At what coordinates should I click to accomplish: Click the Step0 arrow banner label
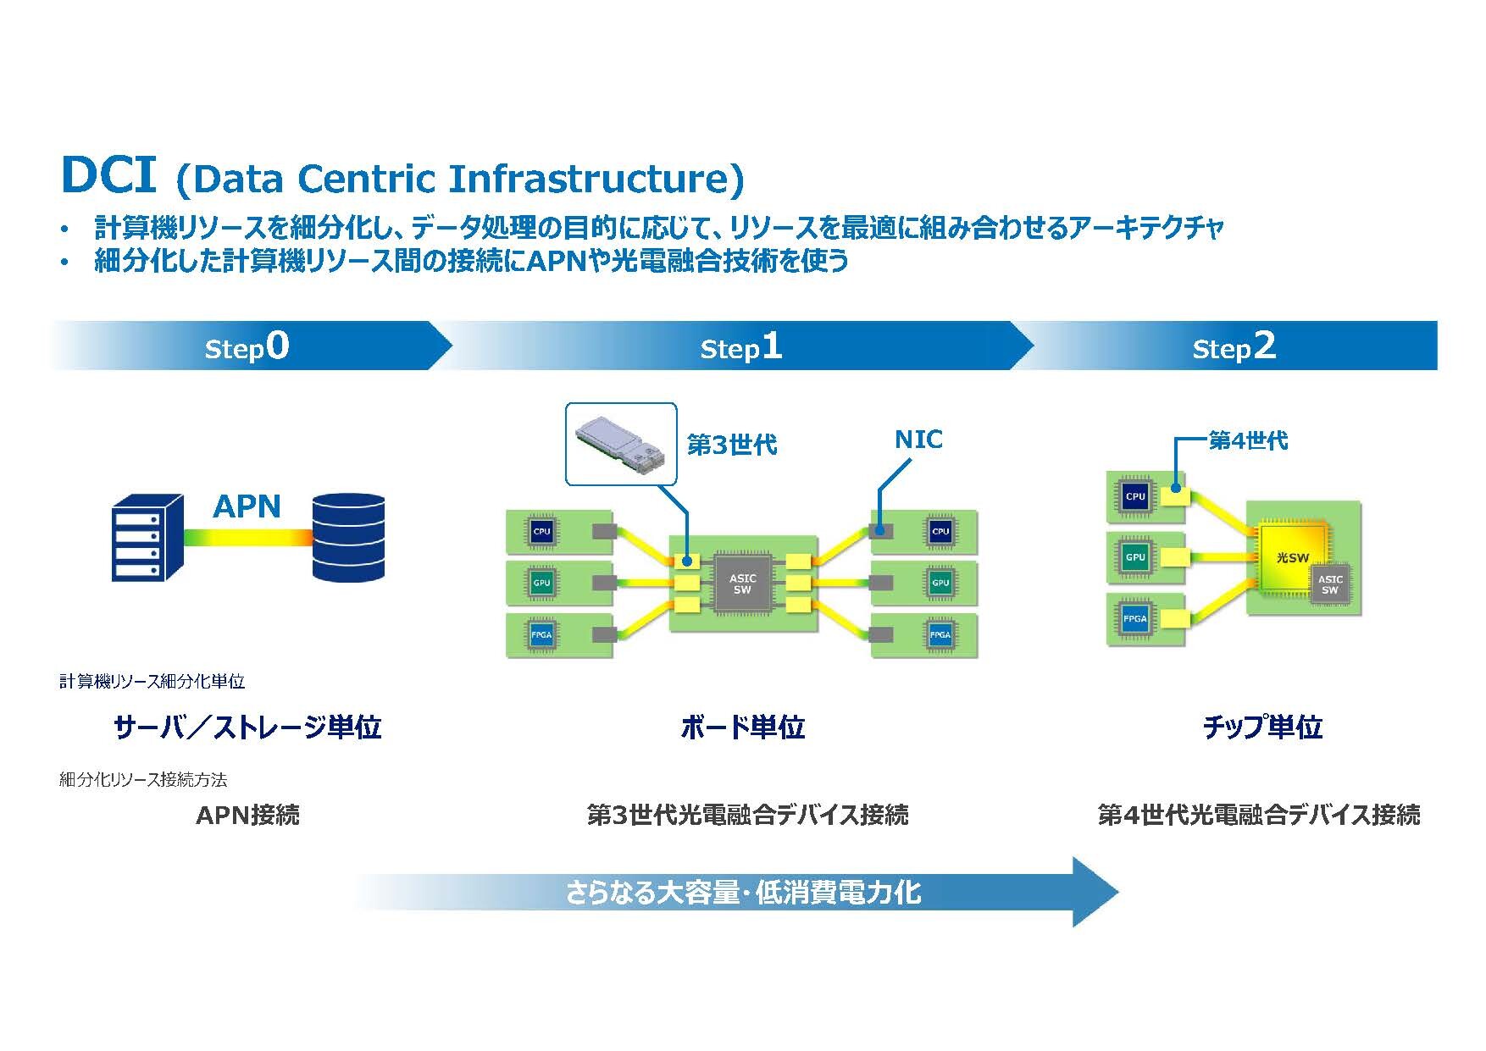pos(247,346)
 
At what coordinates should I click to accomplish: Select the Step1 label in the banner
pos(740,346)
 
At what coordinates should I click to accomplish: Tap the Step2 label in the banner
pos(1234,346)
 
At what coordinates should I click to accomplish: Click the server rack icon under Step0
pos(147,537)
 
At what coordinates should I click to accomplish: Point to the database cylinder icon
pos(348,537)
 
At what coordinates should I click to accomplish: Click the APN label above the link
pos(247,506)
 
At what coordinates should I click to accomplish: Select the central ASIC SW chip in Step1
pos(743,584)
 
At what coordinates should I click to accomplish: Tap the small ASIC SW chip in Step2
pos(1330,584)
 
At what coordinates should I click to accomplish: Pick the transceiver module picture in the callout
pos(621,443)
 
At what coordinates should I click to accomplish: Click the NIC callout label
pos(918,440)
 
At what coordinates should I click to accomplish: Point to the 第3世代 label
pos(731,445)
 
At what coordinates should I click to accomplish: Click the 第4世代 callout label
pos(1248,440)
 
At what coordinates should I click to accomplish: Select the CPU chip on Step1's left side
pos(541,532)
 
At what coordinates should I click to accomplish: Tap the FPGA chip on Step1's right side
pos(940,635)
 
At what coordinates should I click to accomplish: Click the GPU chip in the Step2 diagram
pos(1135,557)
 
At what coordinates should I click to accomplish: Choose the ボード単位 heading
pos(742,727)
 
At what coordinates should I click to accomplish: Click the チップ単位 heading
pos(1262,727)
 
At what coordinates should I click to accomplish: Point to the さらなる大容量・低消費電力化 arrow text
pos(742,892)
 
